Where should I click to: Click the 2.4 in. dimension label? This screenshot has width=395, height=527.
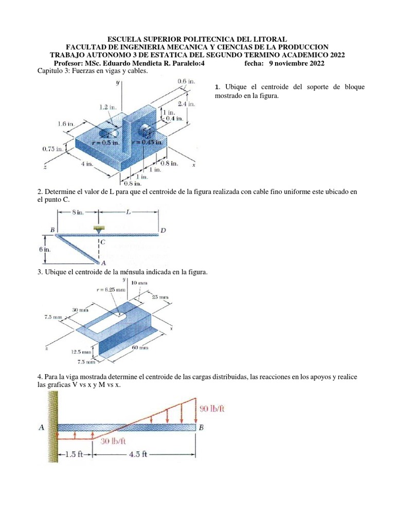pos(186,104)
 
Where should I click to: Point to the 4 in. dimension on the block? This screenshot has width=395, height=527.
pos(85,164)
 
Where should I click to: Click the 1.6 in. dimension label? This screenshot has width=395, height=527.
pos(65,124)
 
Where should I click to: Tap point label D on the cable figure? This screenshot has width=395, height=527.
pos(163,230)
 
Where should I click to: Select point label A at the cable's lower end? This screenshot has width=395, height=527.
pos(103,262)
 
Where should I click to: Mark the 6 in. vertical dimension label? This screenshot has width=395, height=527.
pos(46,249)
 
